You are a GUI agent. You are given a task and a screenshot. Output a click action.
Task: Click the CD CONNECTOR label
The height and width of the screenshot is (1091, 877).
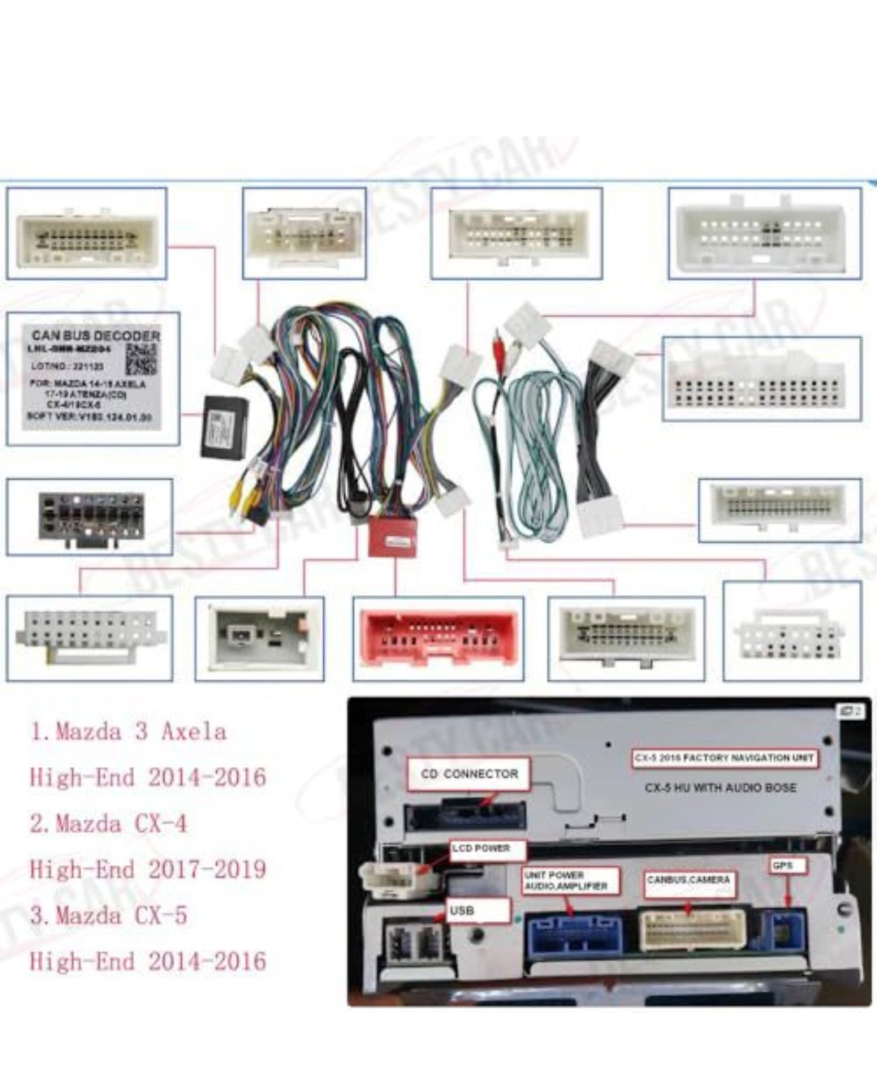469,774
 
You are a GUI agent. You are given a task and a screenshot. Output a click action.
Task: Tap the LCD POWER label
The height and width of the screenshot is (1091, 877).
481,848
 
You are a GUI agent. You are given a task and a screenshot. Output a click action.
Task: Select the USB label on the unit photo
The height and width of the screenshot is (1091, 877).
462,911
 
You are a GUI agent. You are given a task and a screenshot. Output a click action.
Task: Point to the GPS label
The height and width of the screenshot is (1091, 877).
783,866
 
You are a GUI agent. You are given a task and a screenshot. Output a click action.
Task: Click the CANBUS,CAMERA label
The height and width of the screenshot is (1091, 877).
689,879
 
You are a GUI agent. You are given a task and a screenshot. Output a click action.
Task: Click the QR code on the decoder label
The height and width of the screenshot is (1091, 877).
140,359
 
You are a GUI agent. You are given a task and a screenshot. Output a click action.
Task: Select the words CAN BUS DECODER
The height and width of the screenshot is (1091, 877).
95,335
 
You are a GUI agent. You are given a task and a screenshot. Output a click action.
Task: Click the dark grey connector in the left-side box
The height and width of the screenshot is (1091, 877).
91,515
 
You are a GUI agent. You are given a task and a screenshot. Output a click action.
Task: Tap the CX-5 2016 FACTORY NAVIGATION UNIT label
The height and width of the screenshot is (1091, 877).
724,758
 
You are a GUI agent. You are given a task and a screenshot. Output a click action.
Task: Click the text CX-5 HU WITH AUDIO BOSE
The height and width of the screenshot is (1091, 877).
720,787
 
